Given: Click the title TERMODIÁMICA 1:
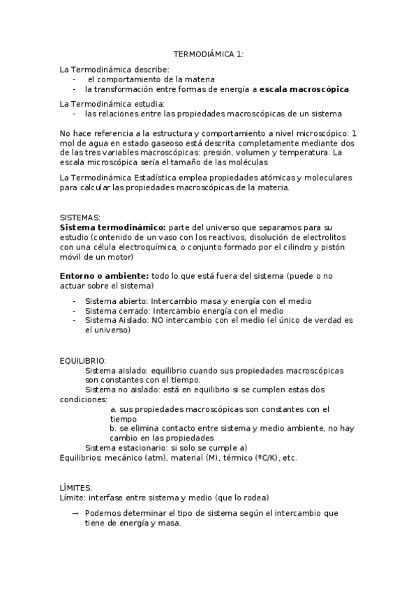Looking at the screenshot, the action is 209,54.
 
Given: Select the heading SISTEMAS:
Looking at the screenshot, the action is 80,217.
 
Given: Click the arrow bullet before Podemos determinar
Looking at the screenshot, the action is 75,513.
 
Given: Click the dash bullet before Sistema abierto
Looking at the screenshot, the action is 75,301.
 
